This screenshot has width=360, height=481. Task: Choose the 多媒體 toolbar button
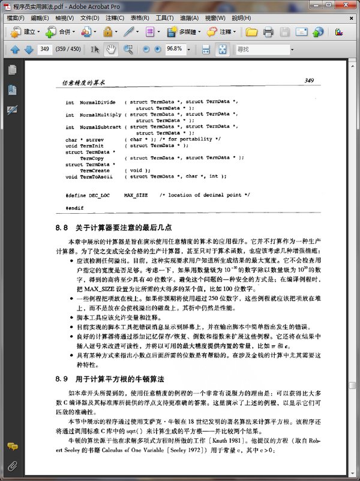(184, 31)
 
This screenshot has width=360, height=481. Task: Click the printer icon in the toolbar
(268, 31)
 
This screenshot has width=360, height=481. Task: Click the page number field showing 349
(44, 49)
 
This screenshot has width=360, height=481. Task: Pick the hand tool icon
(109, 49)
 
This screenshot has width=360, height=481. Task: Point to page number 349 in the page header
(310, 80)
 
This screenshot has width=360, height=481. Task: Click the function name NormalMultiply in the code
(100, 114)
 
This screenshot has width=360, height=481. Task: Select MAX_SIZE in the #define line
(136, 196)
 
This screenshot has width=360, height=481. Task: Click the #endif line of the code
(74, 207)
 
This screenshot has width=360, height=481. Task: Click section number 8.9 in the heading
(62, 379)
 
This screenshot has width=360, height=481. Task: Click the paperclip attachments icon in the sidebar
(12, 466)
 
